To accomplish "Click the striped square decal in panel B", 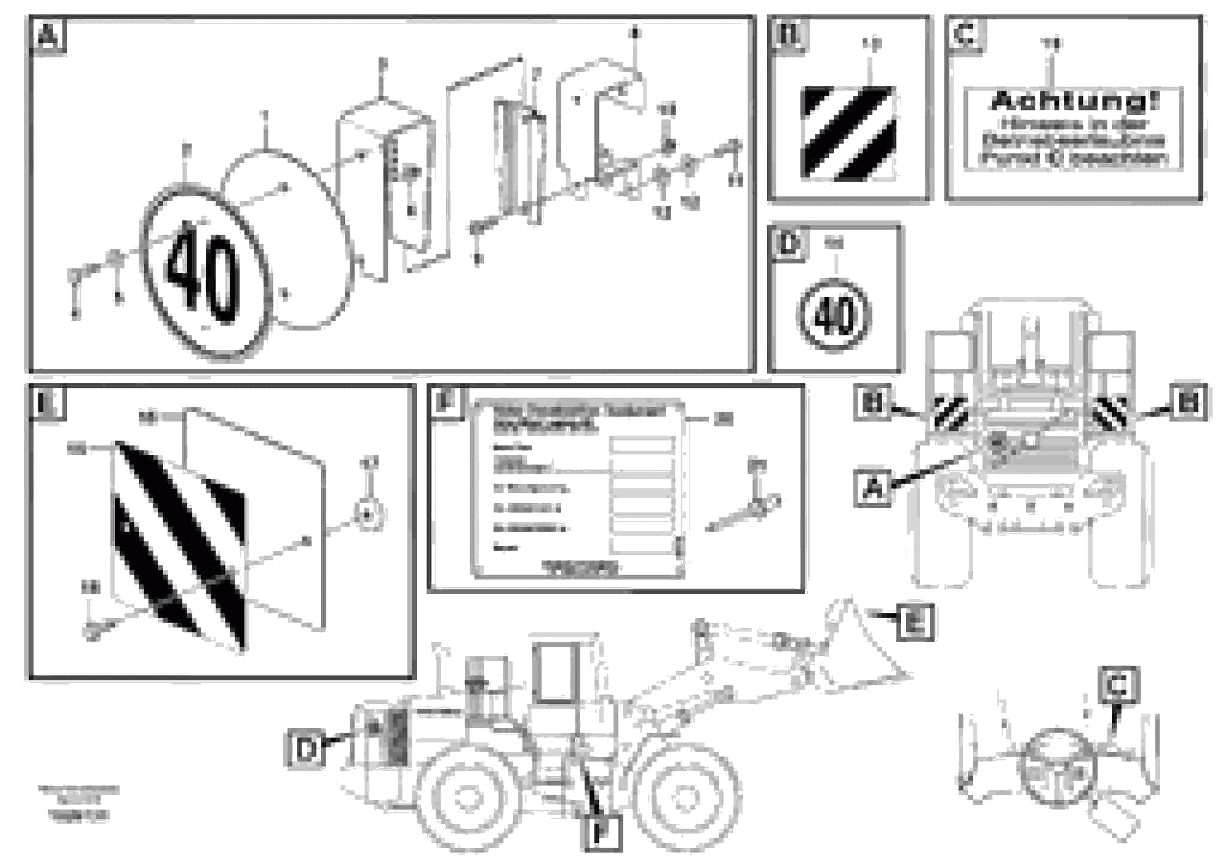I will click(848, 132).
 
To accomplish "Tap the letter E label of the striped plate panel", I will click(47, 403).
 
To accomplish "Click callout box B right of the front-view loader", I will click(1188, 402).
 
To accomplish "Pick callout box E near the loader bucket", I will click(915, 621).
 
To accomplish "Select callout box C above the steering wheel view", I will click(1119, 685).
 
